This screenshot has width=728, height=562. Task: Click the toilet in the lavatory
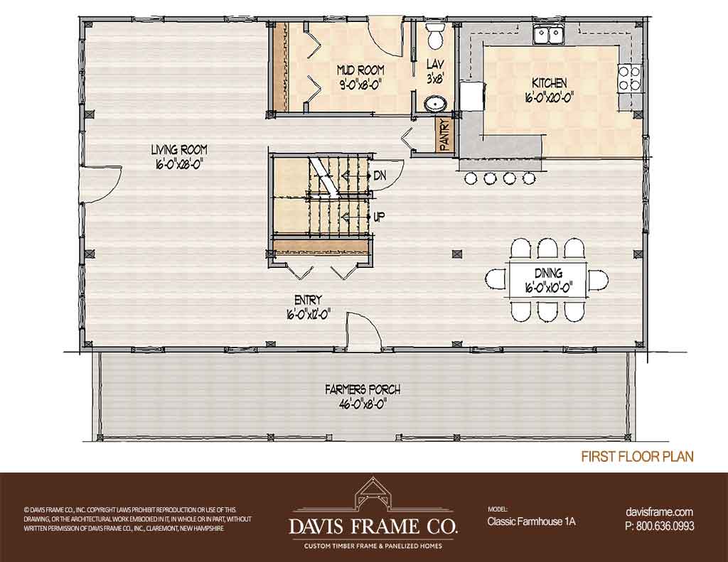436,36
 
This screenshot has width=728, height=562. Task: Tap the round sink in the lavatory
436,104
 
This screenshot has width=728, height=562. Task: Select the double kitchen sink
548,35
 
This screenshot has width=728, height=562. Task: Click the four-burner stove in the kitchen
628,78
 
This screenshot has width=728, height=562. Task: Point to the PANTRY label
444,135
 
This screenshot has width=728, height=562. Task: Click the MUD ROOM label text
360,70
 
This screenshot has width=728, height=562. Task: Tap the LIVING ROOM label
179,150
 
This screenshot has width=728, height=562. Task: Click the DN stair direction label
380,176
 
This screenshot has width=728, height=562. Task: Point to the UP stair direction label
380,217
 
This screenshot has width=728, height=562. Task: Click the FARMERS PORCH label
363,390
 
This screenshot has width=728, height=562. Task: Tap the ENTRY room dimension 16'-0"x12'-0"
309,314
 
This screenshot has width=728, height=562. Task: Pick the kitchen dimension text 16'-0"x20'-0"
550,97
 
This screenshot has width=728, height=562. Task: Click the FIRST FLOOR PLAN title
638,457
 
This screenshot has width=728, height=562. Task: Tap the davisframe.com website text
659,512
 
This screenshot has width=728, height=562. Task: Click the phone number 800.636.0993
665,526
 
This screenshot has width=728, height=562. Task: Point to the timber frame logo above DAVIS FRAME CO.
373,496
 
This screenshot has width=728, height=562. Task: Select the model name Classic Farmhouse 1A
531,522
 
